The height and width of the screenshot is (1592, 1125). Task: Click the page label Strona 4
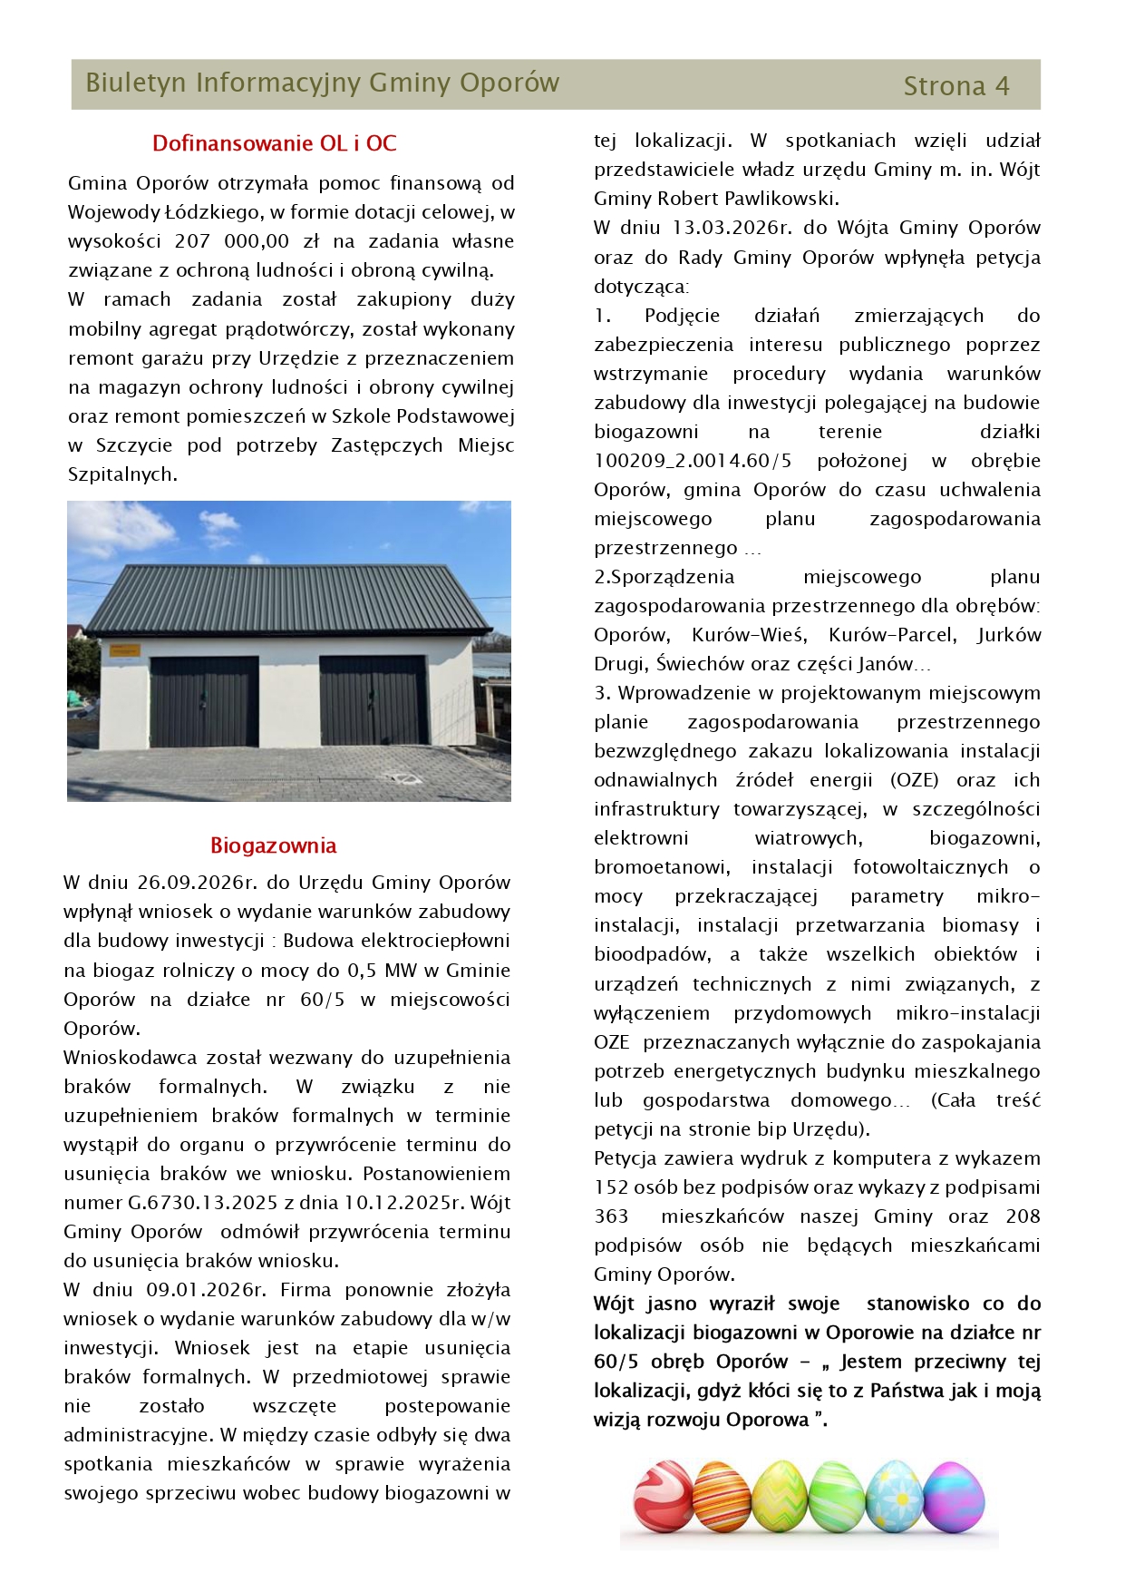tap(955, 86)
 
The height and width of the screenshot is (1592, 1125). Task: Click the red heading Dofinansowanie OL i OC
tap(274, 143)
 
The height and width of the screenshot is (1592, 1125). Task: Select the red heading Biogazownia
tap(273, 845)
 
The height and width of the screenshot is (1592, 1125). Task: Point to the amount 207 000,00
tap(232, 241)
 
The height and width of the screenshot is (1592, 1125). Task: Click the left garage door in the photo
tap(204, 701)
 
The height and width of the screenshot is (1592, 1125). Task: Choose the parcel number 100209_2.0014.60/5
tap(693, 461)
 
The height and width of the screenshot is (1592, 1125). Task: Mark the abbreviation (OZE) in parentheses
tap(914, 780)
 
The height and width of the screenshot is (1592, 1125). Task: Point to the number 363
tap(611, 1216)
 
